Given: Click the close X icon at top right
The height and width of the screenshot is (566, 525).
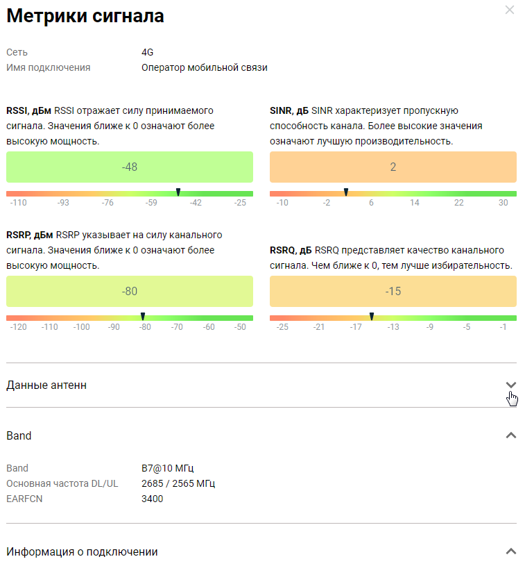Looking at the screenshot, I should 510,10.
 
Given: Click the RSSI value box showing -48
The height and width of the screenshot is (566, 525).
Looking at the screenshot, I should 130,167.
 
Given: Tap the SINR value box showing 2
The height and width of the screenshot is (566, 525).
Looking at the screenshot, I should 393,167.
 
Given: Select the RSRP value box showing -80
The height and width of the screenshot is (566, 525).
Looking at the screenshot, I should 130,292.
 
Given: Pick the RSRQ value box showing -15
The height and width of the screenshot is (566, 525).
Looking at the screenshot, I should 393,292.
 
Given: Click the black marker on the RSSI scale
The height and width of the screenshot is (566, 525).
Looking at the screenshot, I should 178,192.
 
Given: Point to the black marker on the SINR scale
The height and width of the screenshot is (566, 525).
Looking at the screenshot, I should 346,192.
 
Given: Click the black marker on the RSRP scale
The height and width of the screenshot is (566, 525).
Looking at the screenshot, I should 143,316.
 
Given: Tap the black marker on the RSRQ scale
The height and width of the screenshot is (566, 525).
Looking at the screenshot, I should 372,316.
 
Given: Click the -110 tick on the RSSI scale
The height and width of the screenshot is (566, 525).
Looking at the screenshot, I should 19,203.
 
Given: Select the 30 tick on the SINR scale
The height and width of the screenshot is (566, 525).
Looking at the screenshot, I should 504,203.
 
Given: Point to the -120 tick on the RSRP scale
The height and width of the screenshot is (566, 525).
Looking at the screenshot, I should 19,327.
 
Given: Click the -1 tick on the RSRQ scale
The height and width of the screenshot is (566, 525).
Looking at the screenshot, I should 503,327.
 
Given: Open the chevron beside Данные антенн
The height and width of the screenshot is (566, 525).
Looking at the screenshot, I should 511,385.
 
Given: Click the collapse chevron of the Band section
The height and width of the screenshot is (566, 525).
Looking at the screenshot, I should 511,435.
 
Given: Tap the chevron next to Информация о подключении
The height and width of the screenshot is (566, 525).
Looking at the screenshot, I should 511,551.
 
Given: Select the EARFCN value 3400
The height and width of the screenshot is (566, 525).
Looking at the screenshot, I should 153,499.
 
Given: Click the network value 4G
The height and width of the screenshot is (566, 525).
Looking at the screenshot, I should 147,52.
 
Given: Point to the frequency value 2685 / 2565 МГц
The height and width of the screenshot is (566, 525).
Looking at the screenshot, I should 182,483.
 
